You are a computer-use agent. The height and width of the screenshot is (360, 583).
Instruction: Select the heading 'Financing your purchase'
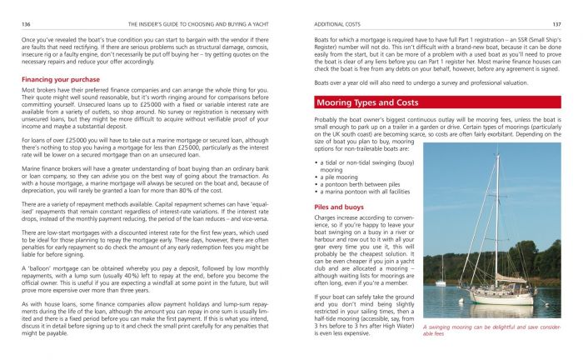[x=56, y=79]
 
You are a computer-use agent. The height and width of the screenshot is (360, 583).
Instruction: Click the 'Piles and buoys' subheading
[x=338, y=205]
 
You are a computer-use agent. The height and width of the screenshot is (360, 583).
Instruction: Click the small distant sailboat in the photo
[x=441, y=271]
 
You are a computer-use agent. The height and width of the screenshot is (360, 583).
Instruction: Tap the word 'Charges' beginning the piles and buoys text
[x=328, y=217]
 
